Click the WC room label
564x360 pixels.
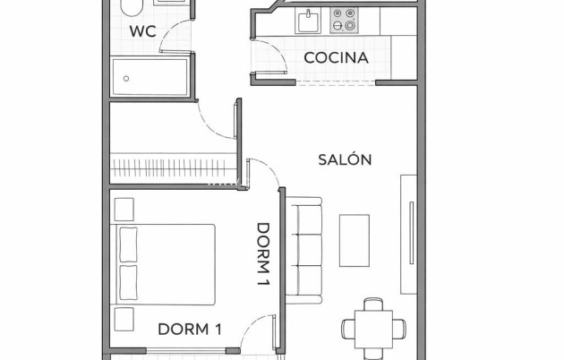pyautogui.click(x=142, y=30)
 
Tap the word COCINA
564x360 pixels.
pyautogui.click(x=336, y=58)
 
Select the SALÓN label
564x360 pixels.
pyautogui.click(x=345, y=159)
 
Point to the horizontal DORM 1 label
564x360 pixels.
pyautogui.click(x=189, y=329)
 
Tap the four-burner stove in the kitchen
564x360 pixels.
pyautogui.click(x=343, y=18)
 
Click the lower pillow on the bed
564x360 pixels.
pyautogui.click(x=128, y=281)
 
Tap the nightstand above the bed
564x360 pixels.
pyautogui.click(x=124, y=209)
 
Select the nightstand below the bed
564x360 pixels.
pyautogui.click(x=124, y=318)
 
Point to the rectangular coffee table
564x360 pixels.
pyautogui.click(x=354, y=240)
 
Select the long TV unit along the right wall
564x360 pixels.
pyautogui.click(x=408, y=232)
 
